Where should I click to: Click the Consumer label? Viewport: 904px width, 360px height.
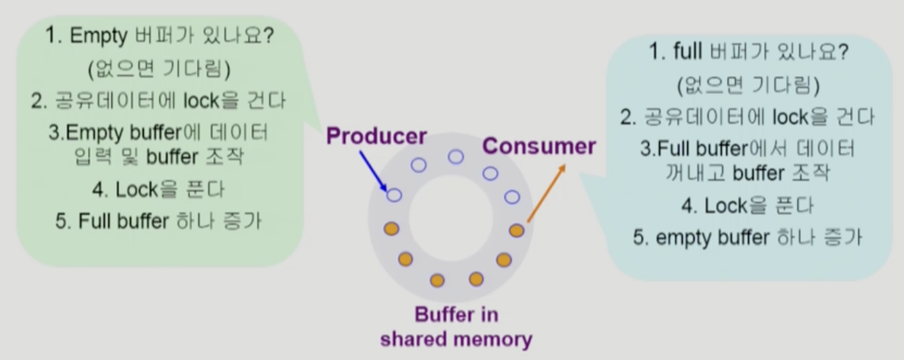(539, 146)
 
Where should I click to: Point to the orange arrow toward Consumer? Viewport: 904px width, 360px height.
(546, 193)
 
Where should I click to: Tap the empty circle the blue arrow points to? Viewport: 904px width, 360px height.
(394, 195)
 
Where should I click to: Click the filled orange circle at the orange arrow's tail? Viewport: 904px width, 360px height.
(517, 230)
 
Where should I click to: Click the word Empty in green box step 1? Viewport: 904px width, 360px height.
(98, 37)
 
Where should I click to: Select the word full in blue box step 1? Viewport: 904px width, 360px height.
(689, 52)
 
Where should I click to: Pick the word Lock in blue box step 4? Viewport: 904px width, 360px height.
(726, 206)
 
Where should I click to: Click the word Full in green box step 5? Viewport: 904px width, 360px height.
(95, 221)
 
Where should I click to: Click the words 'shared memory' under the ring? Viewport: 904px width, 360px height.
(456, 339)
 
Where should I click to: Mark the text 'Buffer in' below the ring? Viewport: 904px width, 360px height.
(456, 315)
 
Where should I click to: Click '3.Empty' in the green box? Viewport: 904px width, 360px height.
(77, 134)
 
